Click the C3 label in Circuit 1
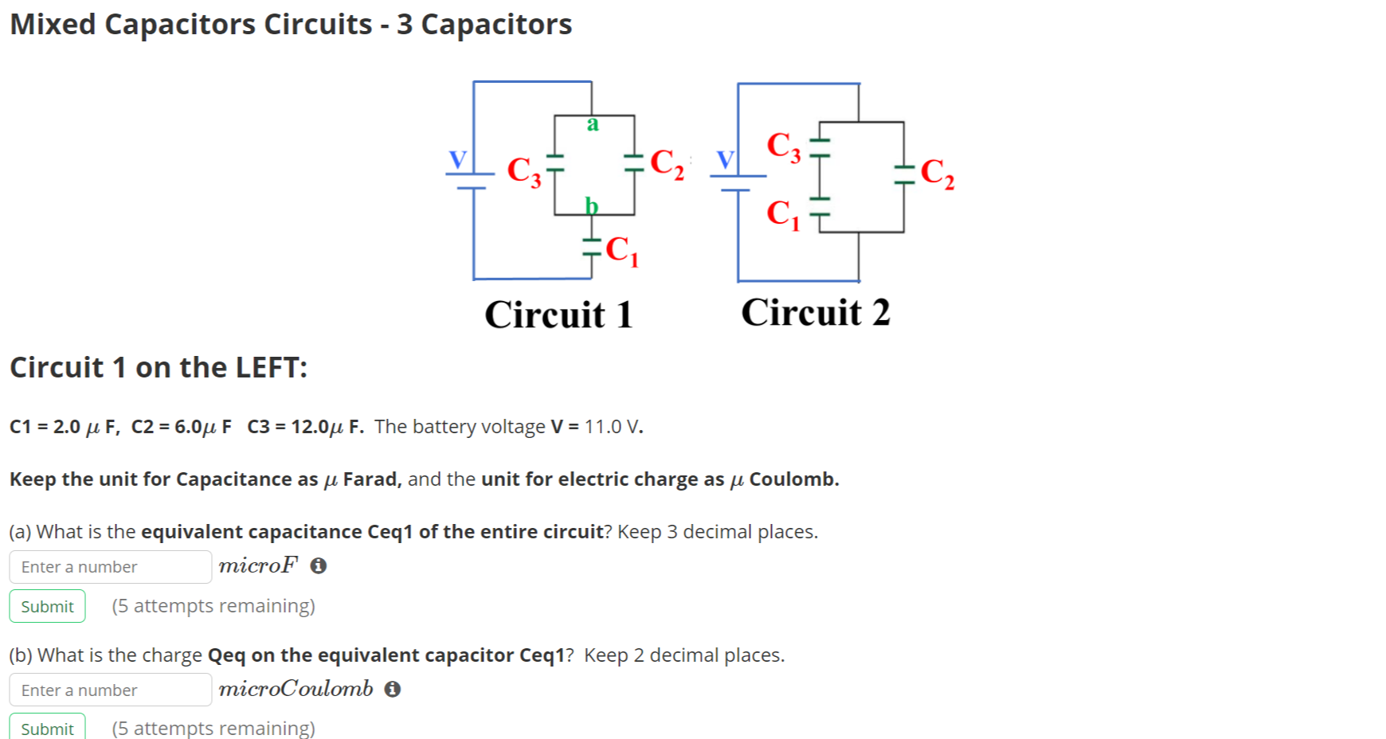[523, 170]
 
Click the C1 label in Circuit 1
[621, 251]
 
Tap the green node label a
[592, 123]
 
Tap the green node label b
[591, 205]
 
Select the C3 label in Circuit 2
[783, 147]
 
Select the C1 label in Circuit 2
[782, 213]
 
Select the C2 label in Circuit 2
[937, 173]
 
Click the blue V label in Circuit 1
[457, 159]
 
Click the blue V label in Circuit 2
[725, 159]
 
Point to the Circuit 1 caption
[558, 315]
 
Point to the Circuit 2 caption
[815, 312]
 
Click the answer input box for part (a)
[110, 567]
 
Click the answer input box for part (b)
[110, 690]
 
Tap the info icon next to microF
[319, 566]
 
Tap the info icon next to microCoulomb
[392, 689]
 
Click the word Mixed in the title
[53, 25]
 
